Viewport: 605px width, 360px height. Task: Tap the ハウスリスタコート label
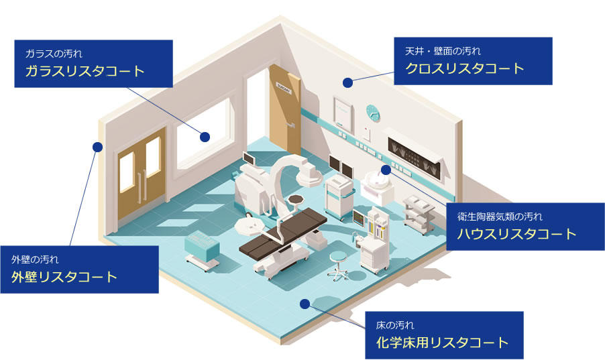click(516, 234)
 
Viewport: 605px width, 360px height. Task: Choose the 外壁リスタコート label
click(64, 277)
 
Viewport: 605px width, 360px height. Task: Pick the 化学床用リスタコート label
click(442, 343)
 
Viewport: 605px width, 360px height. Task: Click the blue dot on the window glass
click(205, 136)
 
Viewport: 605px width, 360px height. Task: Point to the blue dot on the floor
click(305, 304)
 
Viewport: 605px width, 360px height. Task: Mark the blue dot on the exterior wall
click(97, 146)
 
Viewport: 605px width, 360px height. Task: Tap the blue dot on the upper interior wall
click(347, 82)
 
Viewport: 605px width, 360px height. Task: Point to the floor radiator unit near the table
click(201, 250)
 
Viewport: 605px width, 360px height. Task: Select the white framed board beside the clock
click(343, 111)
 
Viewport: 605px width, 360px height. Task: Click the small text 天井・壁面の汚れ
click(443, 50)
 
